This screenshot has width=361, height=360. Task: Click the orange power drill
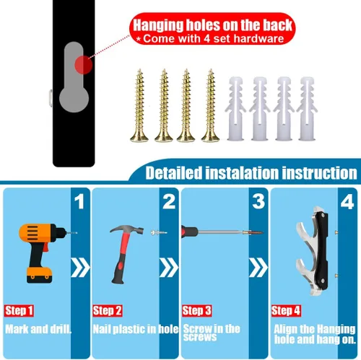click(x=38, y=250)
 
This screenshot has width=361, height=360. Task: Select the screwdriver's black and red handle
click(x=189, y=232)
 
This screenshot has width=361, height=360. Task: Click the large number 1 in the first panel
click(x=79, y=201)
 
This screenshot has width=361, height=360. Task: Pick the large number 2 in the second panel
click(x=169, y=201)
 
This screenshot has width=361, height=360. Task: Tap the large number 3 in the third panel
click(x=258, y=201)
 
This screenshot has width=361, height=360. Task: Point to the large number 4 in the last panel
click(x=347, y=201)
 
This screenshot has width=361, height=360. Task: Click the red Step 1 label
click(x=19, y=310)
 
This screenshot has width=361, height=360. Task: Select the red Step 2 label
click(x=108, y=310)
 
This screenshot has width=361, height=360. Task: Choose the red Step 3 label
click(x=197, y=310)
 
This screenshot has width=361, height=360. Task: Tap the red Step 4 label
click(x=286, y=310)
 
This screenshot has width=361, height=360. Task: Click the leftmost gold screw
click(x=139, y=106)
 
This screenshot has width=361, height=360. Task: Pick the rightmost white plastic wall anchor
click(x=307, y=109)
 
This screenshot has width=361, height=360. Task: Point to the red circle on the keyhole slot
click(x=83, y=65)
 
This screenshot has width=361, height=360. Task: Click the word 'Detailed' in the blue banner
click(x=174, y=172)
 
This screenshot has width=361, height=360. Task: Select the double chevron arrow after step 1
click(x=80, y=268)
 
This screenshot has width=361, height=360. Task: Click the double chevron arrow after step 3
click(x=258, y=268)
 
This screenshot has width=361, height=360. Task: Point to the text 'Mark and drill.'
click(x=38, y=329)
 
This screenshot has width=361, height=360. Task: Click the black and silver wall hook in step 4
click(x=313, y=251)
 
